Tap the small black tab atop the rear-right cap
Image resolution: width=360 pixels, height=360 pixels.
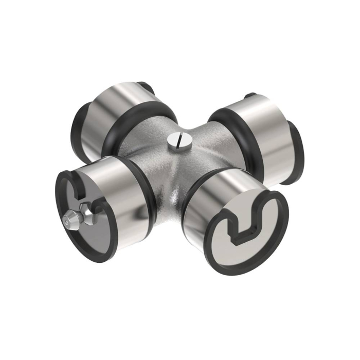250,96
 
